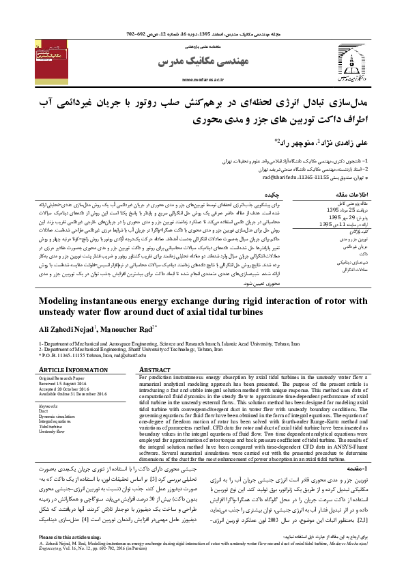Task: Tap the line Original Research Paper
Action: coord(61,377)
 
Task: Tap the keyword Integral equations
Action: coord(55,421)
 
